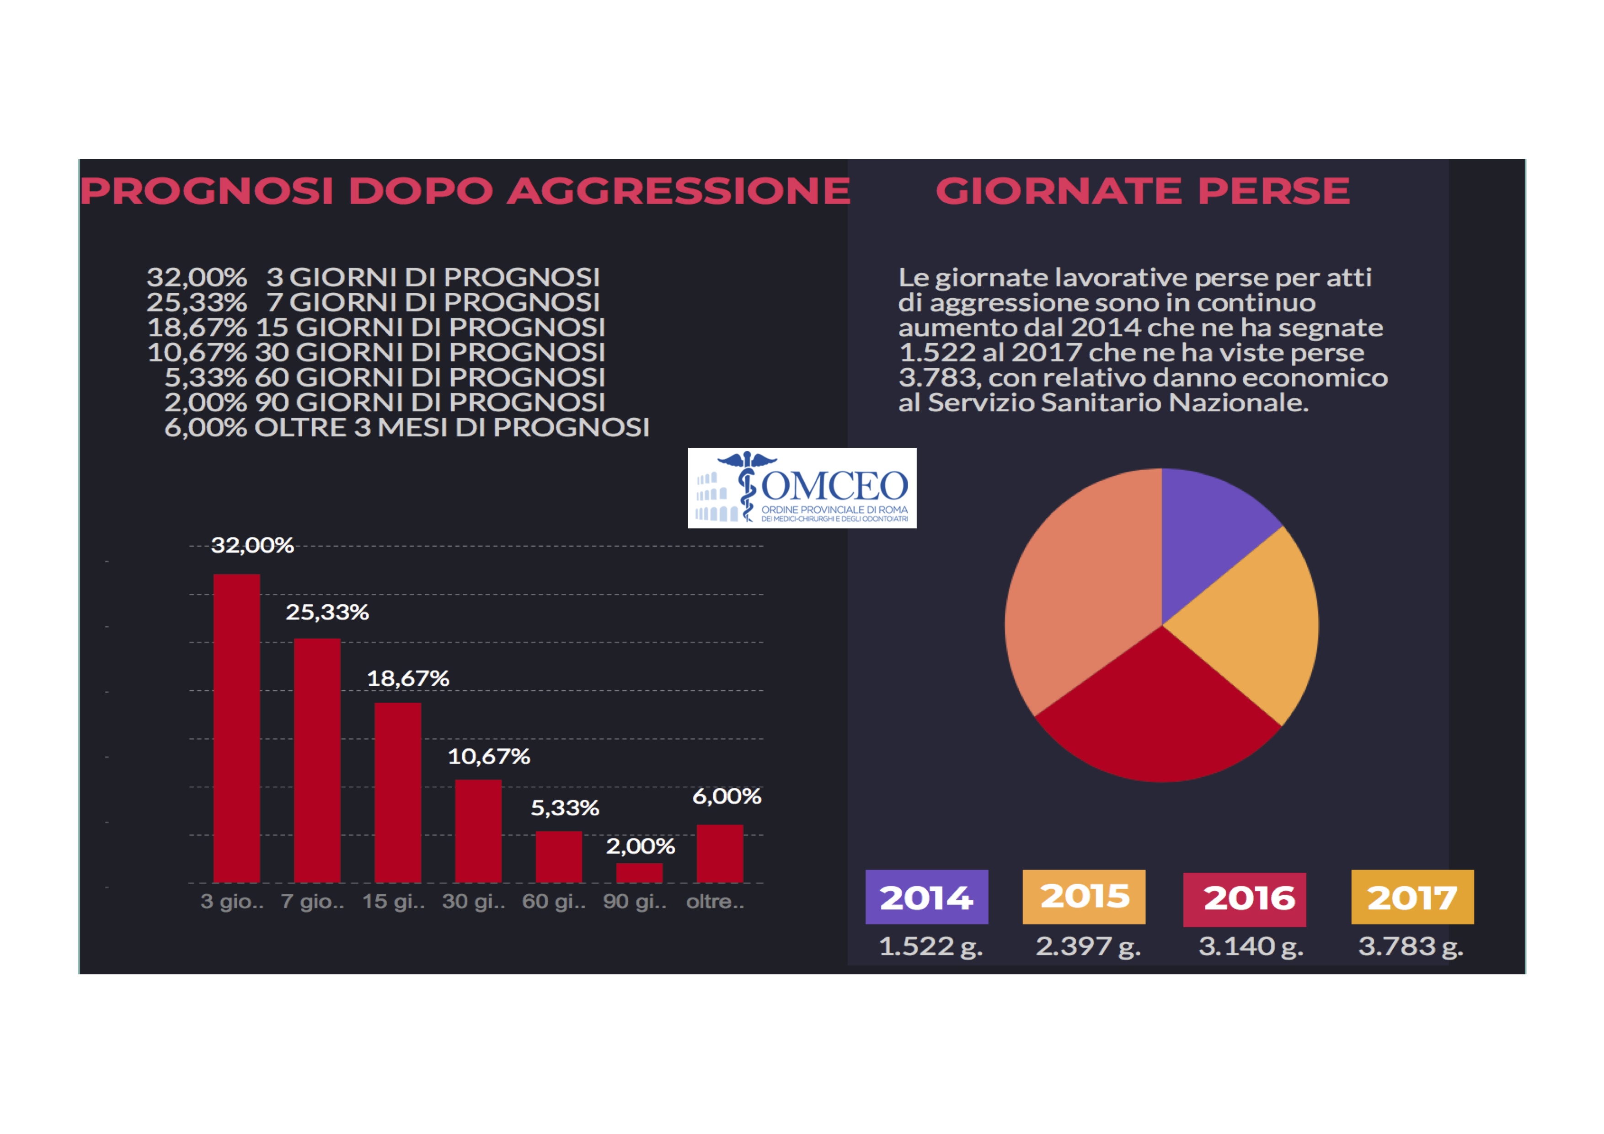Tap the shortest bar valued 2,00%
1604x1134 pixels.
point(639,873)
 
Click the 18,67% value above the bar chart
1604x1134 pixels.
point(408,678)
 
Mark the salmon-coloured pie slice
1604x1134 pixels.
point(1080,601)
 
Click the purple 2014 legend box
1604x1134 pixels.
point(926,897)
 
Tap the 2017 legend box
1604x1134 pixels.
point(1412,897)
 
